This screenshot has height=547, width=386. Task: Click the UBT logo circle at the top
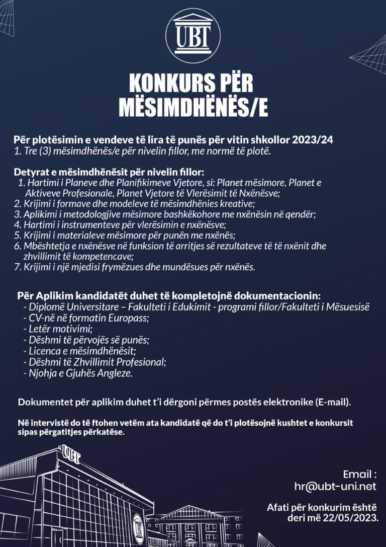[192, 36]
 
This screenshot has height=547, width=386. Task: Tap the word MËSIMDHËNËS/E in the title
[193, 107]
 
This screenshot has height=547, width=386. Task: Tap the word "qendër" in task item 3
[300, 214]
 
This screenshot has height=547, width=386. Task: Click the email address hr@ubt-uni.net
[335, 487]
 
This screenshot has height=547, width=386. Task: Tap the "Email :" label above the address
[359, 474]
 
